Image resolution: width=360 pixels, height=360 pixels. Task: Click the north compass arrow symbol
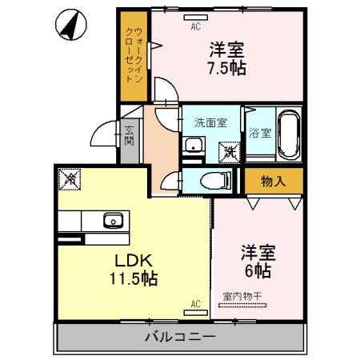(74, 25)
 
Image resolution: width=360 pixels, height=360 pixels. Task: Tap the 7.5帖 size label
(226, 68)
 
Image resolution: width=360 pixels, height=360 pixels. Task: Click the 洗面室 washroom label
(211, 123)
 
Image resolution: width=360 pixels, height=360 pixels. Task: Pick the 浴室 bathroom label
(258, 132)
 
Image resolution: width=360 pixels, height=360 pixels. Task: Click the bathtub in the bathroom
(288, 135)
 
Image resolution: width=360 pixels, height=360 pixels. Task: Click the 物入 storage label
(273, 181)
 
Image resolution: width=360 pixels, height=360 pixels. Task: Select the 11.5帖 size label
(132, 279)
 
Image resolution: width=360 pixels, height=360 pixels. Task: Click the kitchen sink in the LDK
(111, 218)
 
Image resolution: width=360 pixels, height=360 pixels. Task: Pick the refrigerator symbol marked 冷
(70, 180)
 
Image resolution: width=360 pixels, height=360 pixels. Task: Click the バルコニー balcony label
(179, 337)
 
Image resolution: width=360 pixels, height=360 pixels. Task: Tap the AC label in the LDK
(194, 304)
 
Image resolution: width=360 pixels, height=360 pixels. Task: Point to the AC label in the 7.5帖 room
(194, 25)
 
